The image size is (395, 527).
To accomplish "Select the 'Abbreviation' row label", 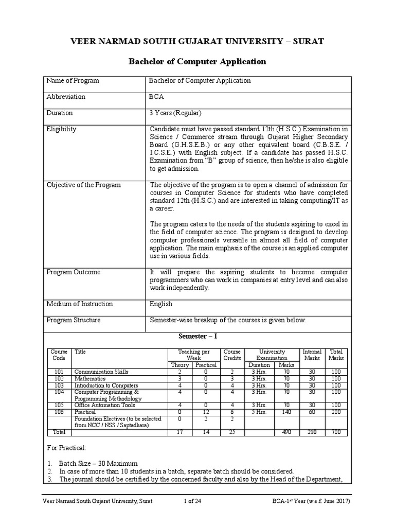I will coord(66,97).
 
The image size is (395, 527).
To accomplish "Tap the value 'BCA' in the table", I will coord(157,97).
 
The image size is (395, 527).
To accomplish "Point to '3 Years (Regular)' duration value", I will coord(175,113).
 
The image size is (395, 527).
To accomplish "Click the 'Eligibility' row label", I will coord(61,129).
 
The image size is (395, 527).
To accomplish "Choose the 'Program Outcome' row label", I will coord(74,272).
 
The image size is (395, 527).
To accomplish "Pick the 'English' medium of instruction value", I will coord(160,304).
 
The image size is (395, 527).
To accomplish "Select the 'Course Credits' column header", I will coord(232,354).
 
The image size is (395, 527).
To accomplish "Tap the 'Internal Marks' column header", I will coord(312,354).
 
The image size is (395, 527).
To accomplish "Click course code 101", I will coord(58,371).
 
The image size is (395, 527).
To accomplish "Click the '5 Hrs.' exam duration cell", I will coord(259,412).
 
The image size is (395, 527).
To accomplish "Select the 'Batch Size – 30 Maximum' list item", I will coord(98,463).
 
